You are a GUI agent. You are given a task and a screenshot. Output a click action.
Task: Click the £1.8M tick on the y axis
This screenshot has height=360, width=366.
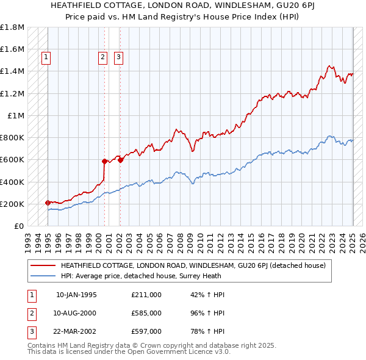pyautogui.click(x=12, y=27)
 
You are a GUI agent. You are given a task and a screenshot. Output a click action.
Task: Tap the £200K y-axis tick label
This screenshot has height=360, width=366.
pyautogui.click(x=12, y=204)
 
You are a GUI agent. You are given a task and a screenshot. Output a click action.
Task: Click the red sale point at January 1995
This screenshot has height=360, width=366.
pyautogui.click(x=48, y=203)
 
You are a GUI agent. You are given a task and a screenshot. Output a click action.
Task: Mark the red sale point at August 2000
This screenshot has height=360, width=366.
pyautogui.click(x=104, y=161)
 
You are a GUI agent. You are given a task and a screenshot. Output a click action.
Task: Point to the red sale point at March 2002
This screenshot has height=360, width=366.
pyautogui.click(x=121, y=160)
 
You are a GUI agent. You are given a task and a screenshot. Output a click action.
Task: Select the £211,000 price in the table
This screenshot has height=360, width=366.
pyautogui.click(x=146, y=295)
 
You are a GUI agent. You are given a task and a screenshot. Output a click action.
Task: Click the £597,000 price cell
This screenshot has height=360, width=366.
pyautogui.click(x=146, y=331)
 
